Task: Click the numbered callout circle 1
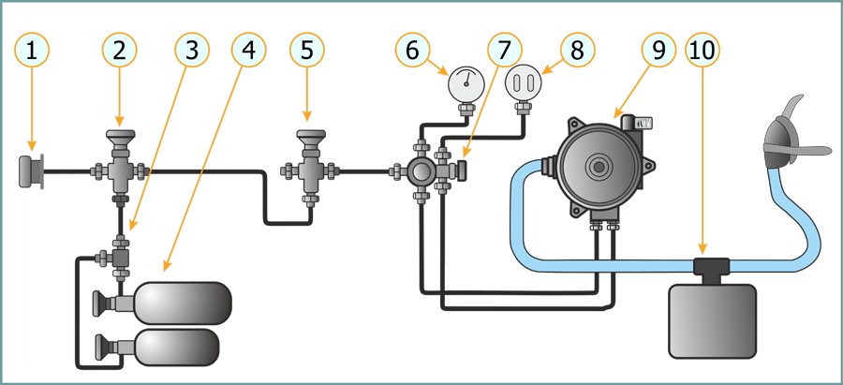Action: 33,51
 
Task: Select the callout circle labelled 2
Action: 119,51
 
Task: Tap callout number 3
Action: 192,51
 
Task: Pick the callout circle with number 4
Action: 247,51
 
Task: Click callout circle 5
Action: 307,51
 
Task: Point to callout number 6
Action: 413,51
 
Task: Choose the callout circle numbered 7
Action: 505,51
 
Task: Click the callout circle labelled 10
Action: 704,51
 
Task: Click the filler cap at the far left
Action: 31,172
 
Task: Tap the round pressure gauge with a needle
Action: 464,85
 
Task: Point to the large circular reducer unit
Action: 597,167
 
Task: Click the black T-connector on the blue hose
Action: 711,267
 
